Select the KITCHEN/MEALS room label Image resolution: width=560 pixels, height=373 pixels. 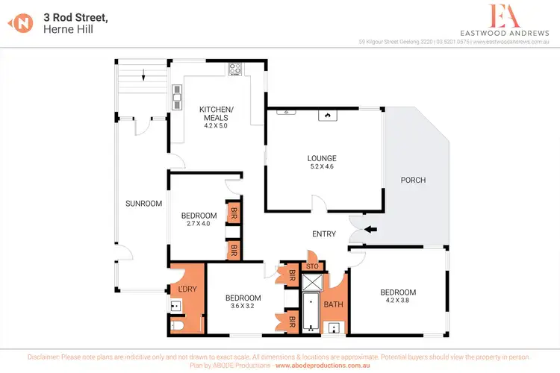tap(217, 113)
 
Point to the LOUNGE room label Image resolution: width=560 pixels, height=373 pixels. tap(322, 158)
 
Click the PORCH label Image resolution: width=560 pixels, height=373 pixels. tap(413, 180)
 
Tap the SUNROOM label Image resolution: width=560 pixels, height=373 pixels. tap(143, 203)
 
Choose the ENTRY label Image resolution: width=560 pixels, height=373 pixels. tap(324, 234)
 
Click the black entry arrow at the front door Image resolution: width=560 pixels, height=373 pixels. tap(370, 229)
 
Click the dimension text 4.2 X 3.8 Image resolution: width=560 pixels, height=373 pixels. tap(397, 302)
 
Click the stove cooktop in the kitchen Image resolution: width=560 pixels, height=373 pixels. tap(236, 69)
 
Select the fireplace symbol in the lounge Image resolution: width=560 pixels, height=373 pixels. tap(326, 115)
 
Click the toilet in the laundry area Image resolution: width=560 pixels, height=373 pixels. tap(176, 326)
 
